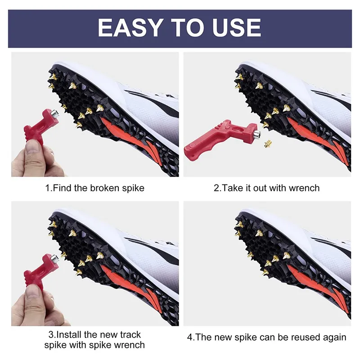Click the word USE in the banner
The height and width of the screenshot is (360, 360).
pos(237,27)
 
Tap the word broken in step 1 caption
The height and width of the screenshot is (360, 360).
pos(105,188)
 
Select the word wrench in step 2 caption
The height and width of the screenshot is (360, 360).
pos(304,188)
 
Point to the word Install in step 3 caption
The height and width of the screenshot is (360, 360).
pos(69,334)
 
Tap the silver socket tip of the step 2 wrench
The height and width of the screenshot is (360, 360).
pos(257,134)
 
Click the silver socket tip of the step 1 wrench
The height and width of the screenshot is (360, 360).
pos(54,113)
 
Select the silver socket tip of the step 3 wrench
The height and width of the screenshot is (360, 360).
pos(54,258)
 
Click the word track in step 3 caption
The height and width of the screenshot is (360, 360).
pos(129,334)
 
